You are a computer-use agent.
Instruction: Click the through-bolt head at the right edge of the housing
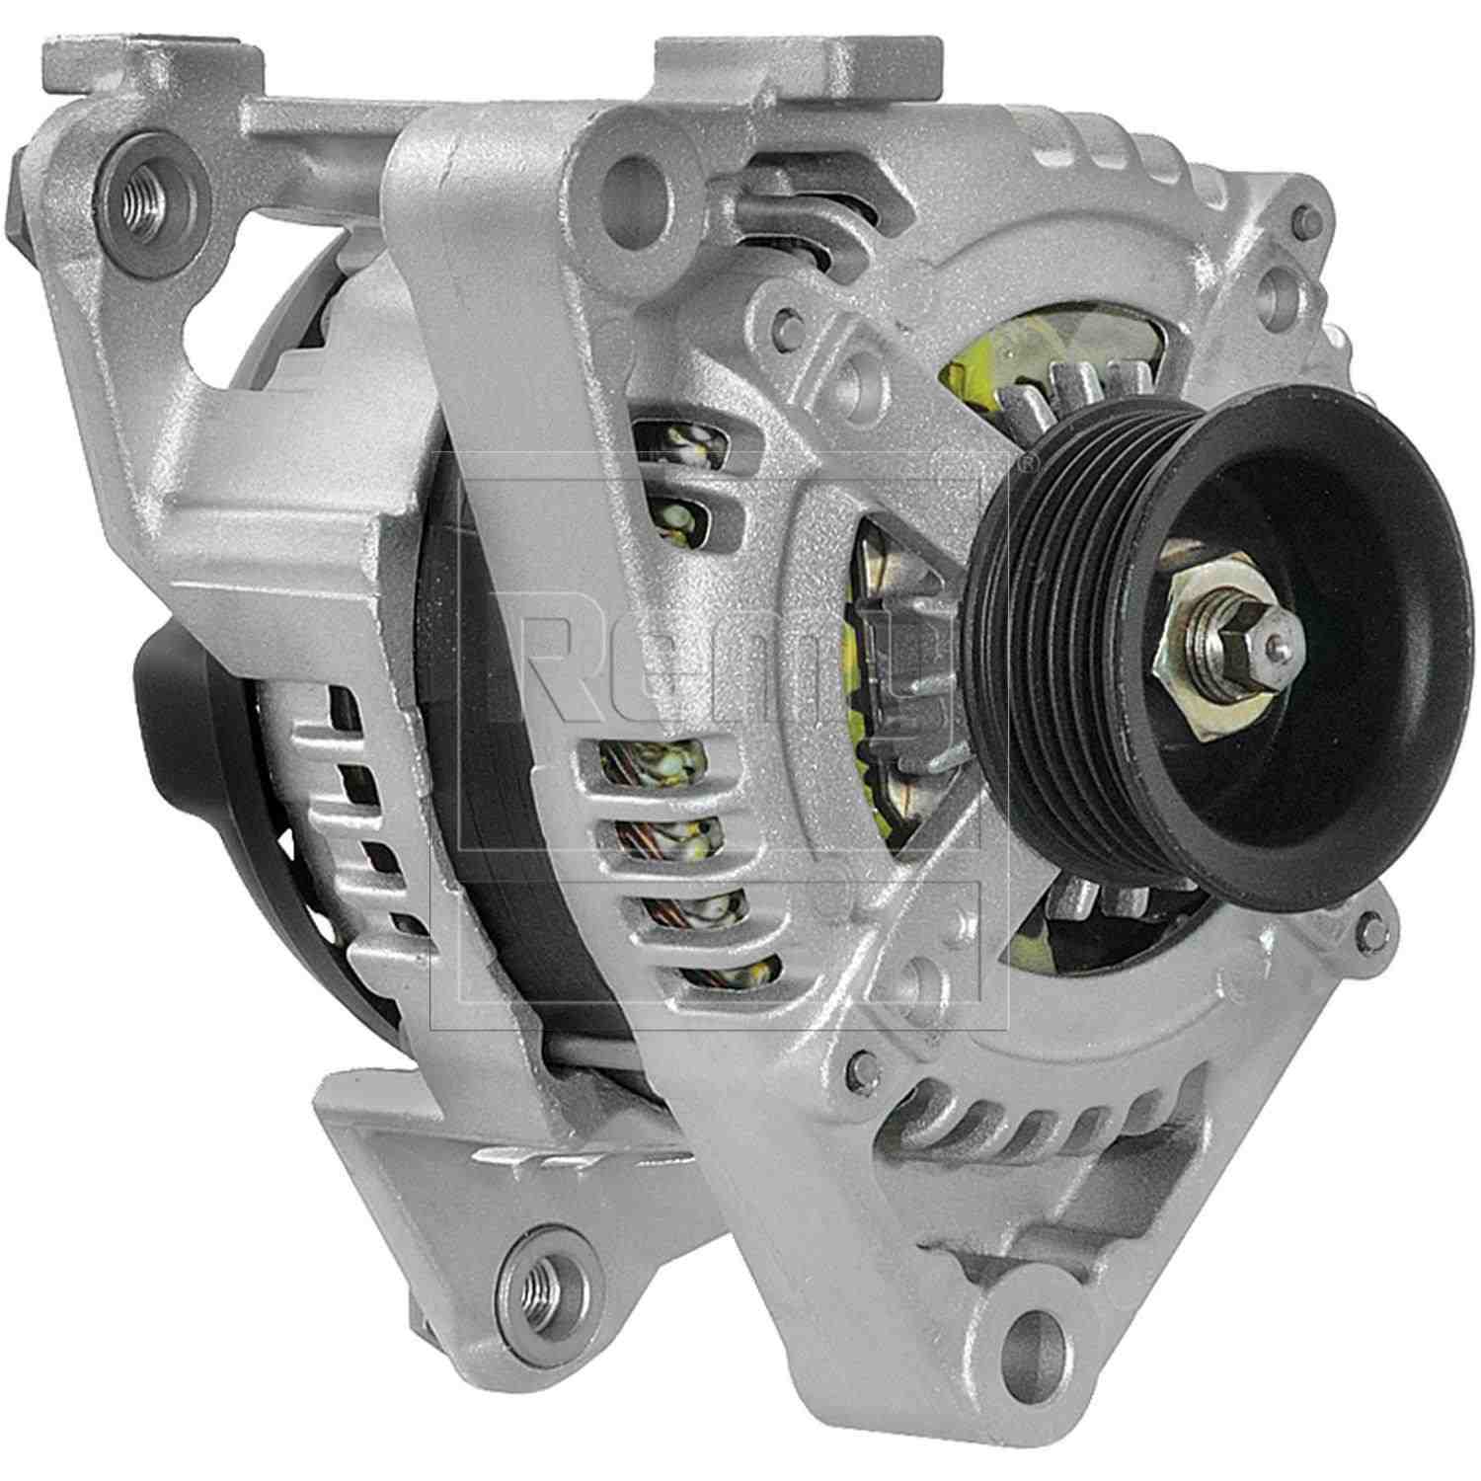pos(1367,924)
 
